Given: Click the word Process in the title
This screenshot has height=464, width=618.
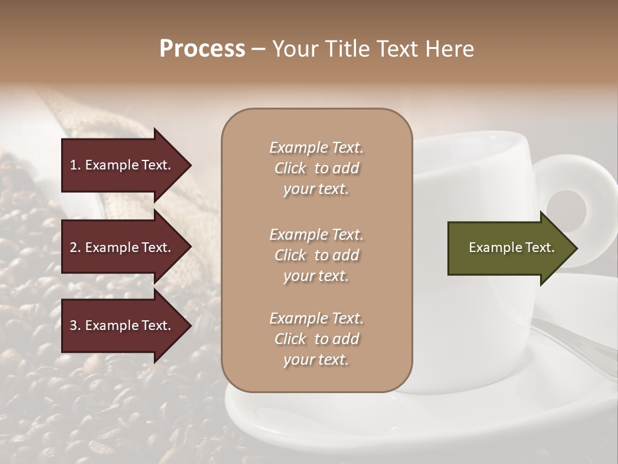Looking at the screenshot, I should click(x=202, y=49).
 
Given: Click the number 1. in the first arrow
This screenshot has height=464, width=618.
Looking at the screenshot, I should click(x=75, y=165).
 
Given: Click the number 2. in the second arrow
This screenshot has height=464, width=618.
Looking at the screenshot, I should click(x=75, y=247).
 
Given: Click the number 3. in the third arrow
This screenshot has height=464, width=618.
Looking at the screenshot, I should click(x=75, y=325).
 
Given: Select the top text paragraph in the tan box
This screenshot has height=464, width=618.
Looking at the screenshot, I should click(x=316, y=168).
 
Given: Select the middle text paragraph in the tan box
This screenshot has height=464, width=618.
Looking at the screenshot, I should click(x=316, y=255).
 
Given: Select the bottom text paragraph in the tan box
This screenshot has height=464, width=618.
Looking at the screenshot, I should click(x=316, y=339).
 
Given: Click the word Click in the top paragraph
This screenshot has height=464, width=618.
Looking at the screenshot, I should click(x=290, y=168).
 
